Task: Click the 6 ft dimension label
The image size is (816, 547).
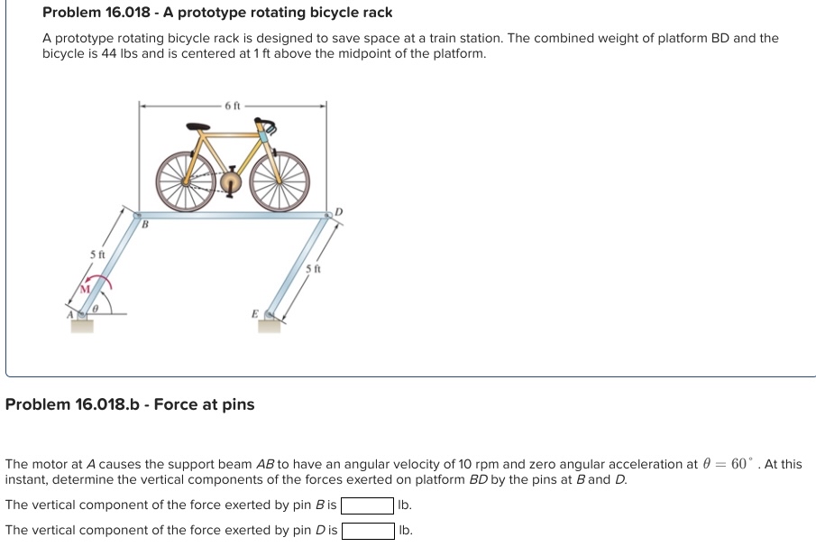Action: point(233,106)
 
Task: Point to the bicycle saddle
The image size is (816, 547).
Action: point(194,128)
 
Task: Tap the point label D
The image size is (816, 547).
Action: point(338,211)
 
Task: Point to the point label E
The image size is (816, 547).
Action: point(254,314)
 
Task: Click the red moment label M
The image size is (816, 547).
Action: point(87,289)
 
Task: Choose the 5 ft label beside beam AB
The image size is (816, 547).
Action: point(98,255)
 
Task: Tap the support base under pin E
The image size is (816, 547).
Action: point(269,325)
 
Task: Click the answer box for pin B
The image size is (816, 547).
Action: point(367,505)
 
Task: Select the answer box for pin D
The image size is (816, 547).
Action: point(367,530)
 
